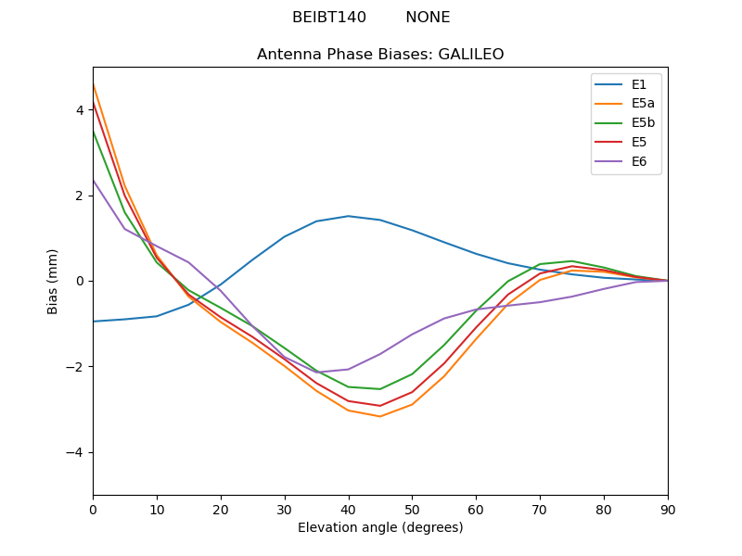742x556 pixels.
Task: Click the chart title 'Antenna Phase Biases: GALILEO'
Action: (380, 55)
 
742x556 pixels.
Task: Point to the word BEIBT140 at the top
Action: (329, 18)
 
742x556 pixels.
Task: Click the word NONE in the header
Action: (428, 18)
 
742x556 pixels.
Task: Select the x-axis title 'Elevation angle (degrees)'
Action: (380, 528)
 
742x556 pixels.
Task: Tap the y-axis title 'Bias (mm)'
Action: (53, 281)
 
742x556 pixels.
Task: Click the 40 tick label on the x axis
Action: (348, 509)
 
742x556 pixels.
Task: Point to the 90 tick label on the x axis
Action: (668, 509)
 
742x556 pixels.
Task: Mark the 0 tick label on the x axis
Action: (93, 509)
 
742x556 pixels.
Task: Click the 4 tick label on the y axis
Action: (80, 110)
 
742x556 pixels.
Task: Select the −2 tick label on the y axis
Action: (76, 367)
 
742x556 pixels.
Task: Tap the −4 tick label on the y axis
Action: (76, 452)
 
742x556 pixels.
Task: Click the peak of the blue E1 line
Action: (348, 216)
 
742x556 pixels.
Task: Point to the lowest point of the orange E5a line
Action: (380, 416)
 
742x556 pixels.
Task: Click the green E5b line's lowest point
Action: (380, 389)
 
